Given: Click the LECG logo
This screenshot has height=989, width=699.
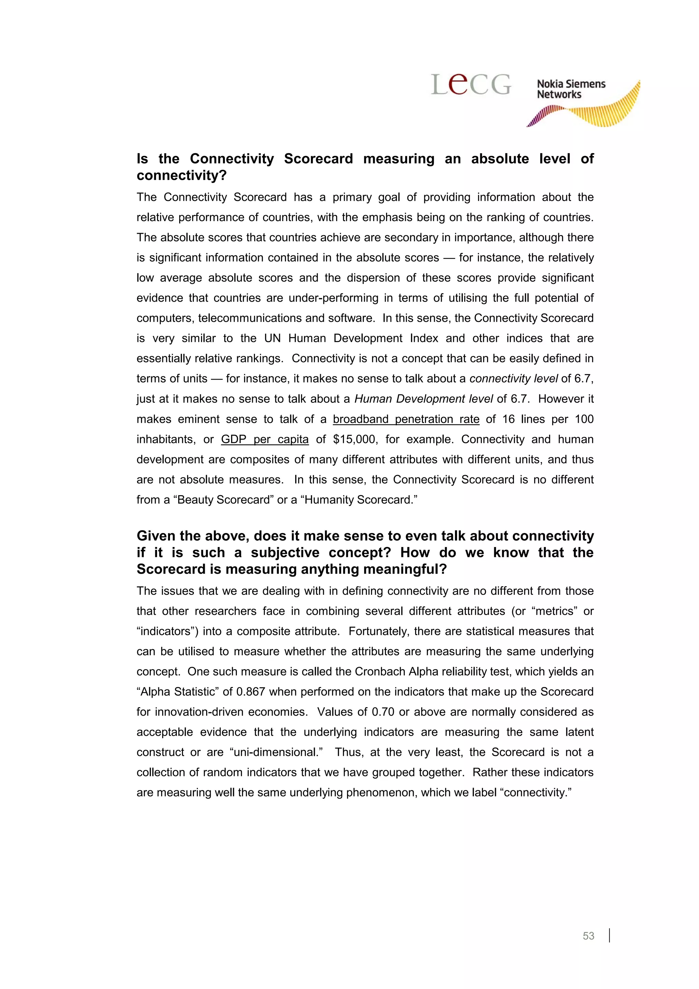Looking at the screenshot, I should (x=471, y=84).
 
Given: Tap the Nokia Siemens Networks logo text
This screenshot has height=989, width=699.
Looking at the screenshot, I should (x=571, y=89).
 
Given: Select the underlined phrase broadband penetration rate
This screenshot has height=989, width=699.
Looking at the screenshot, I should (x=406, y=419).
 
